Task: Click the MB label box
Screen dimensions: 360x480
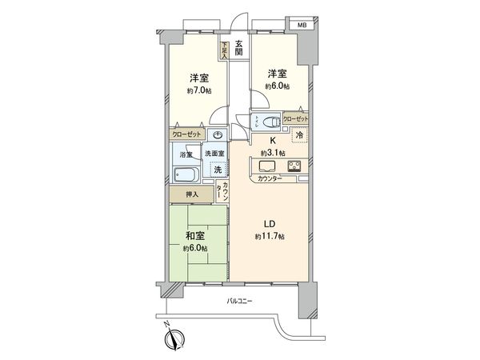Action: click(302, 26)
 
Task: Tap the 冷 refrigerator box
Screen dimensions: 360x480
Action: click(299, 137)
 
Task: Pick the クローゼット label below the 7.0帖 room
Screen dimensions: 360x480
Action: click(185, 135)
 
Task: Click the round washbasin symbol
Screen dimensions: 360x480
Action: click(218, 134)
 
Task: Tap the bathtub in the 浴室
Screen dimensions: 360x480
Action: click(186, 175)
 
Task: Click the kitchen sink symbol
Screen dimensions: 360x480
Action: click(266, 166)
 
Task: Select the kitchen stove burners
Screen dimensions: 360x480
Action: click(294, 166)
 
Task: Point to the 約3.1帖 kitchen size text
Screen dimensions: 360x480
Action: click(271, 153)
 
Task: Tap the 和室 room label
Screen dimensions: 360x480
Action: click(195, 236)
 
